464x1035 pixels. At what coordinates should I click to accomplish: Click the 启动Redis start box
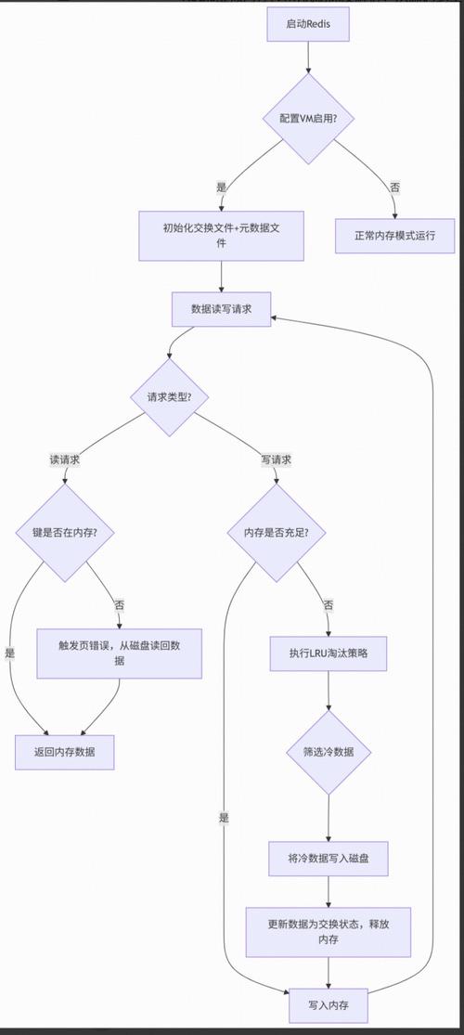(307, 25)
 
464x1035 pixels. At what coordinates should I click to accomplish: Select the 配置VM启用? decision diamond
(307, 119)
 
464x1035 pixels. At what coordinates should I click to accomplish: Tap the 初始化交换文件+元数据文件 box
(222, 236)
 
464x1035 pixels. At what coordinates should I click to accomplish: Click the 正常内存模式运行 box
(395, 236)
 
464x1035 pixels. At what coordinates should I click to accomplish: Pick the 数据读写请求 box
(222, 309)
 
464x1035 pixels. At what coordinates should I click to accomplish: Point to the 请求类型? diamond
(169, 396)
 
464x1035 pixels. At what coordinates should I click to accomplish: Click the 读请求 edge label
(65, 459)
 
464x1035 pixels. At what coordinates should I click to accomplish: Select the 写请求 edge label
(277, 459)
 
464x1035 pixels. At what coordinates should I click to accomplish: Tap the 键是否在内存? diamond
(65, 533)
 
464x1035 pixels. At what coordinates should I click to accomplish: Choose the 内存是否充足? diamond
(277, 533)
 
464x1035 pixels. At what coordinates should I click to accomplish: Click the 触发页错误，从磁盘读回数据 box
(119, 653)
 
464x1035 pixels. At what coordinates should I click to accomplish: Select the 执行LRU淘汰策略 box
(329, 653)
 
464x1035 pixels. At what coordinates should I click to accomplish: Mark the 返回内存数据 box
(65, 752)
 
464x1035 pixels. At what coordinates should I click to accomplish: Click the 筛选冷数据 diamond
(329, 752)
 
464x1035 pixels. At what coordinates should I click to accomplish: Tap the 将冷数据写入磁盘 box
(329, 859)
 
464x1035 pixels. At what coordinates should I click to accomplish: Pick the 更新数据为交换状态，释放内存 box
(329, 932)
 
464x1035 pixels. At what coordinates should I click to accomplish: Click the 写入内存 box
(329, 1005)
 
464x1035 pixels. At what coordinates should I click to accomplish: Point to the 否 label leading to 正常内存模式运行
(395, 188)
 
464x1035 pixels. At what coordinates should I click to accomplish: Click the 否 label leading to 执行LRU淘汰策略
(329, 605)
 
